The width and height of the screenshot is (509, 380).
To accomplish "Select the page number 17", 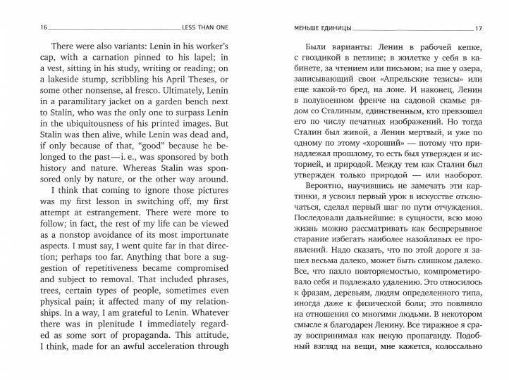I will pos(479,28).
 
